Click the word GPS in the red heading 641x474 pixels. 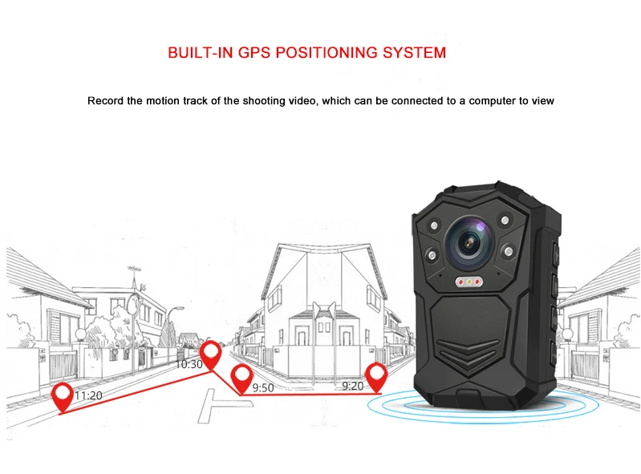255,54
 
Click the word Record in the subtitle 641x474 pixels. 105,101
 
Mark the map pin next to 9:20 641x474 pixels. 375,375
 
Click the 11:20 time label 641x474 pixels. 87,396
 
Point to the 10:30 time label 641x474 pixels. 189,364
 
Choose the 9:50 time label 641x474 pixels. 263,387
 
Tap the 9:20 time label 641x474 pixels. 352,386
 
